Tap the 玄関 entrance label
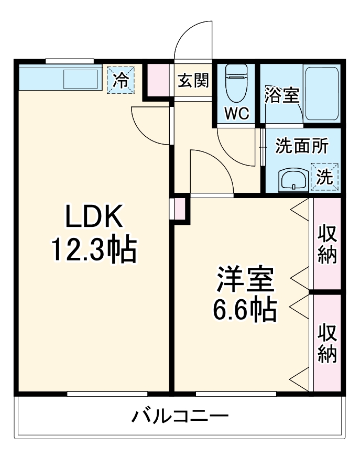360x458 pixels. point(193,81)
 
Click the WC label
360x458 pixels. point(237,114)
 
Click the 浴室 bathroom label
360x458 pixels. point(281,95)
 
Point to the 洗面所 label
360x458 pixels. point(302,146)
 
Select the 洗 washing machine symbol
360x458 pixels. point(324,177)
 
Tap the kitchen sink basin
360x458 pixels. point(80,79)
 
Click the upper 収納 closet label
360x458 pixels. point(327,244)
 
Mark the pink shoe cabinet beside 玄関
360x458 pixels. point(158,80)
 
